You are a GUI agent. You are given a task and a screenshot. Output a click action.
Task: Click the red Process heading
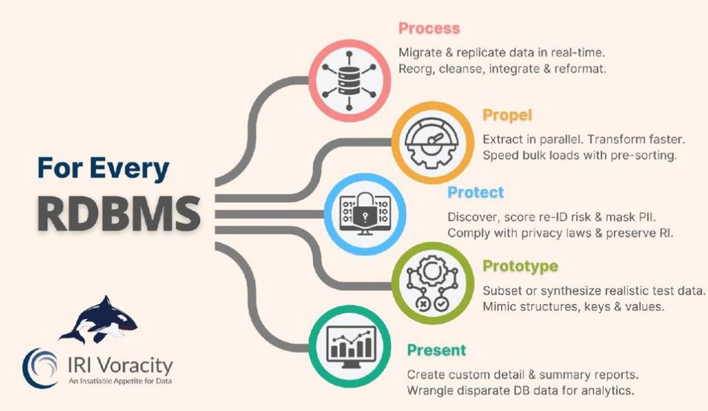coord(429,29)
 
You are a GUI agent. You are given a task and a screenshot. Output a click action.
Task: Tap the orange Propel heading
coord(507,115)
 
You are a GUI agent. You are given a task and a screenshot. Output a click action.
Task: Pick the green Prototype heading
coord(520,267)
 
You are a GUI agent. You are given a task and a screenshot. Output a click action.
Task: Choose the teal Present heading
coord(436,350)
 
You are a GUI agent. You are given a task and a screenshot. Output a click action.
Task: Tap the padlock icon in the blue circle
coord(364,213)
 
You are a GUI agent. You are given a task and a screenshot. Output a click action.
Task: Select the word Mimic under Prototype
coord(500,308)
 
